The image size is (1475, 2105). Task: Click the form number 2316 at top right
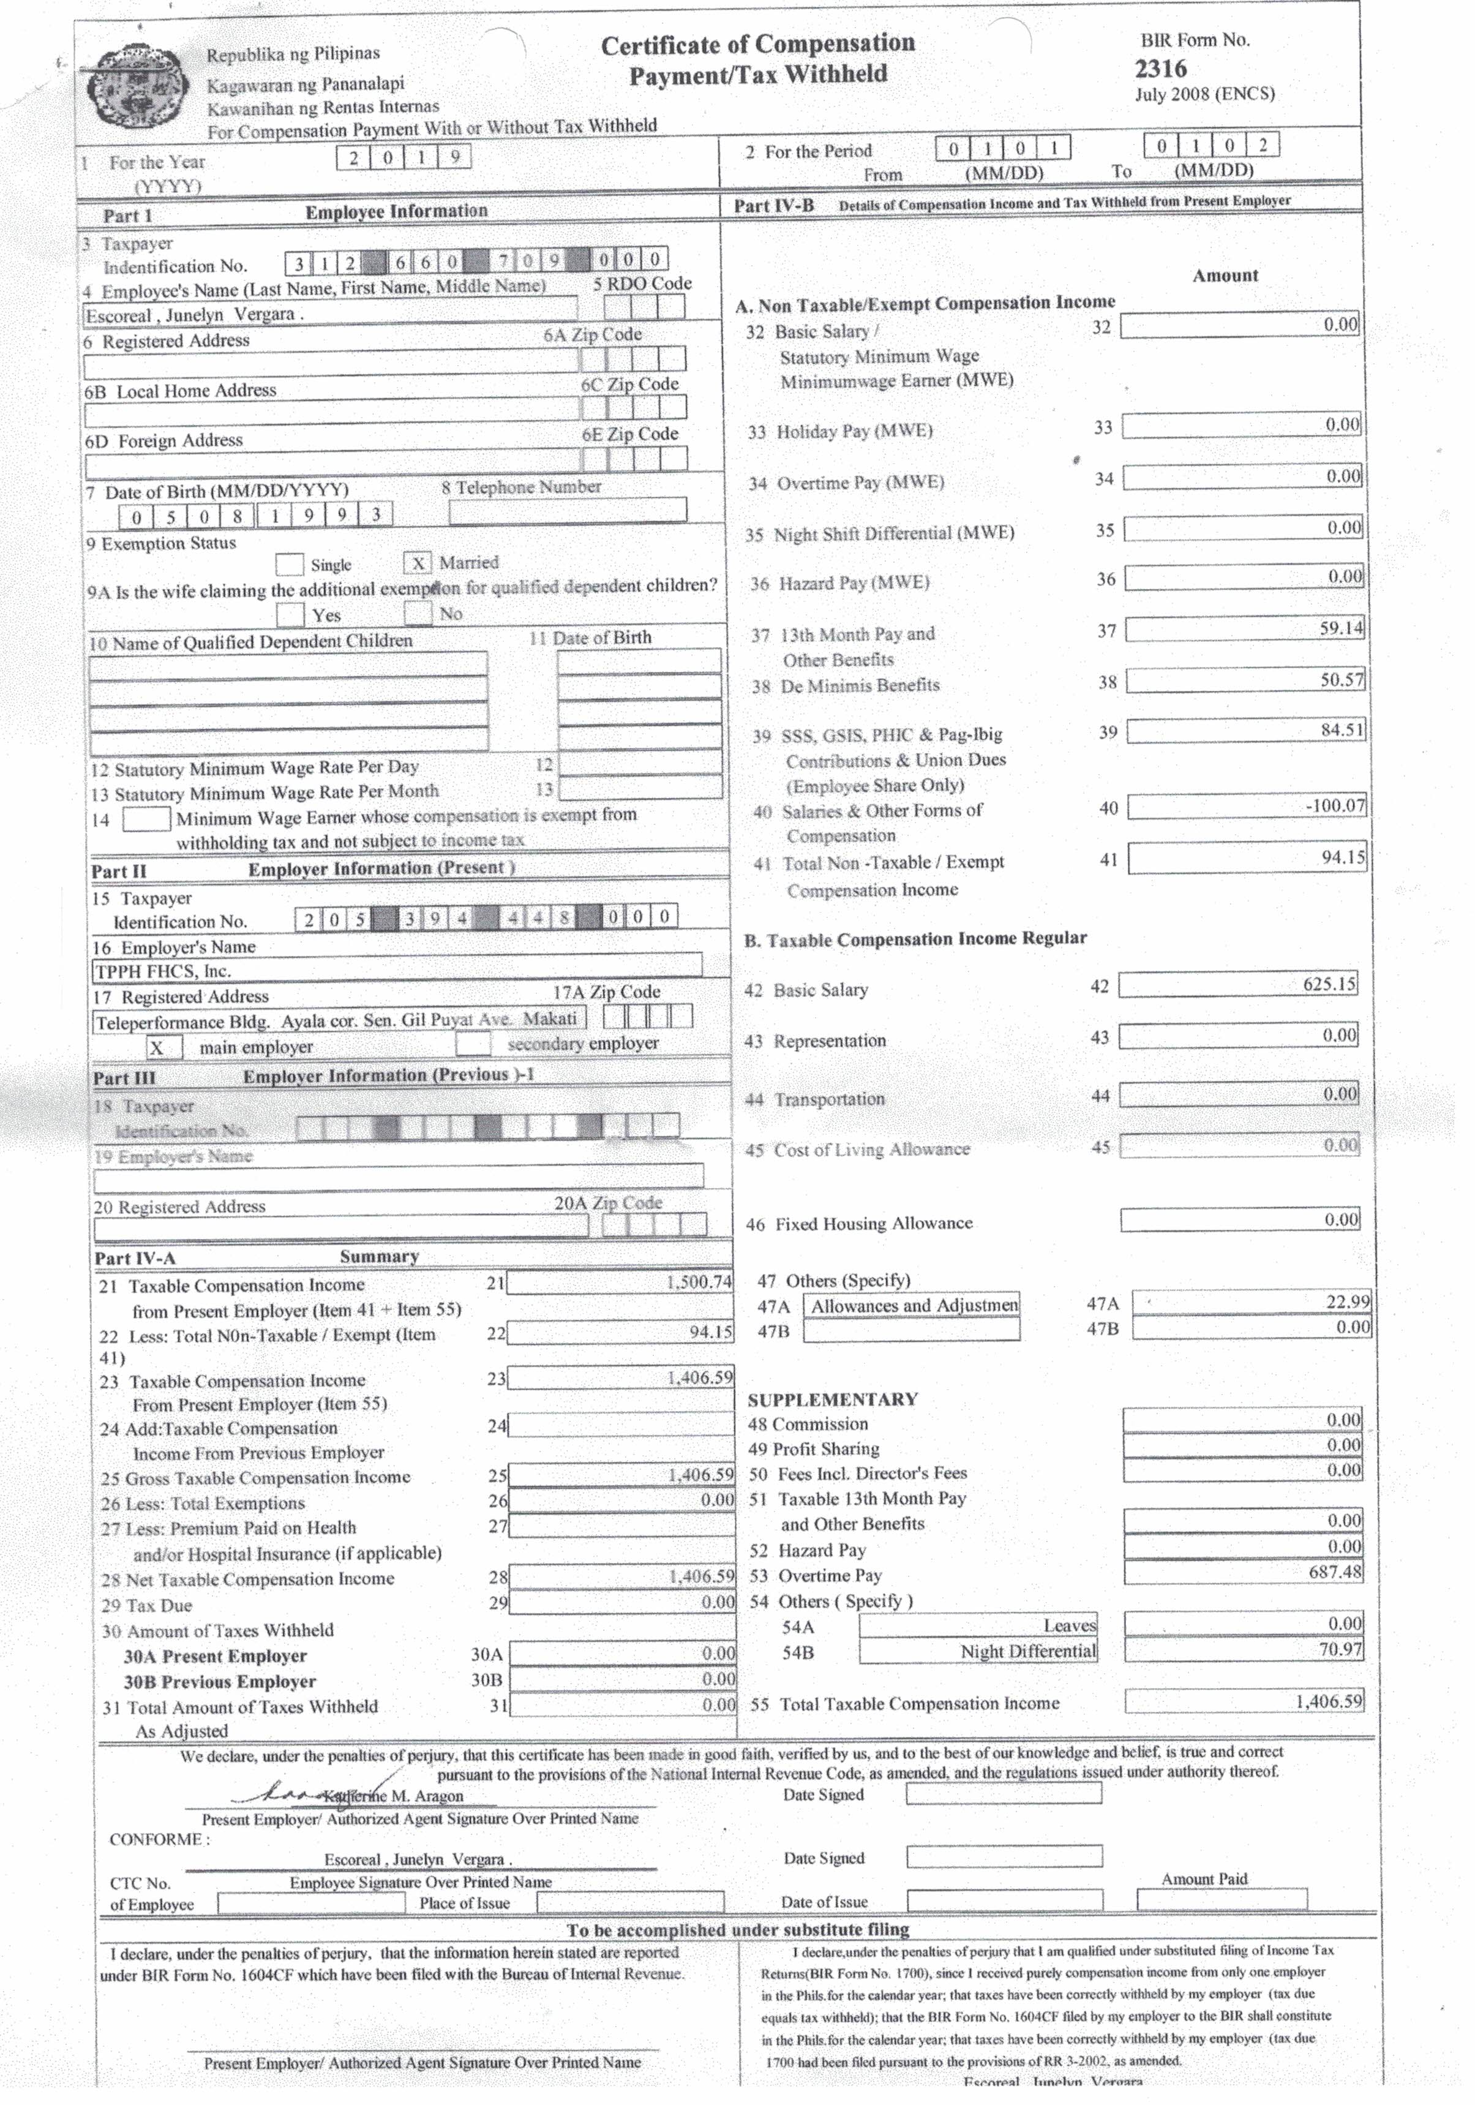coord(1160,69)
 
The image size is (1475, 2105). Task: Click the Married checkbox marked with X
coord(417,563)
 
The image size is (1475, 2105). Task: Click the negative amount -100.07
coord(1335,806)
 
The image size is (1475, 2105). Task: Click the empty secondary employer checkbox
coord(473,1044)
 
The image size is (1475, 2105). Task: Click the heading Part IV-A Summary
coord(257,1257)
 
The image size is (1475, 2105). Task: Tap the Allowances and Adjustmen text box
coord(912,1305)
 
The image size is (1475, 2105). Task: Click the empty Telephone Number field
coord(568,511)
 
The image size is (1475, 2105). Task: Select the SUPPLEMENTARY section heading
coord(832,1399)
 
